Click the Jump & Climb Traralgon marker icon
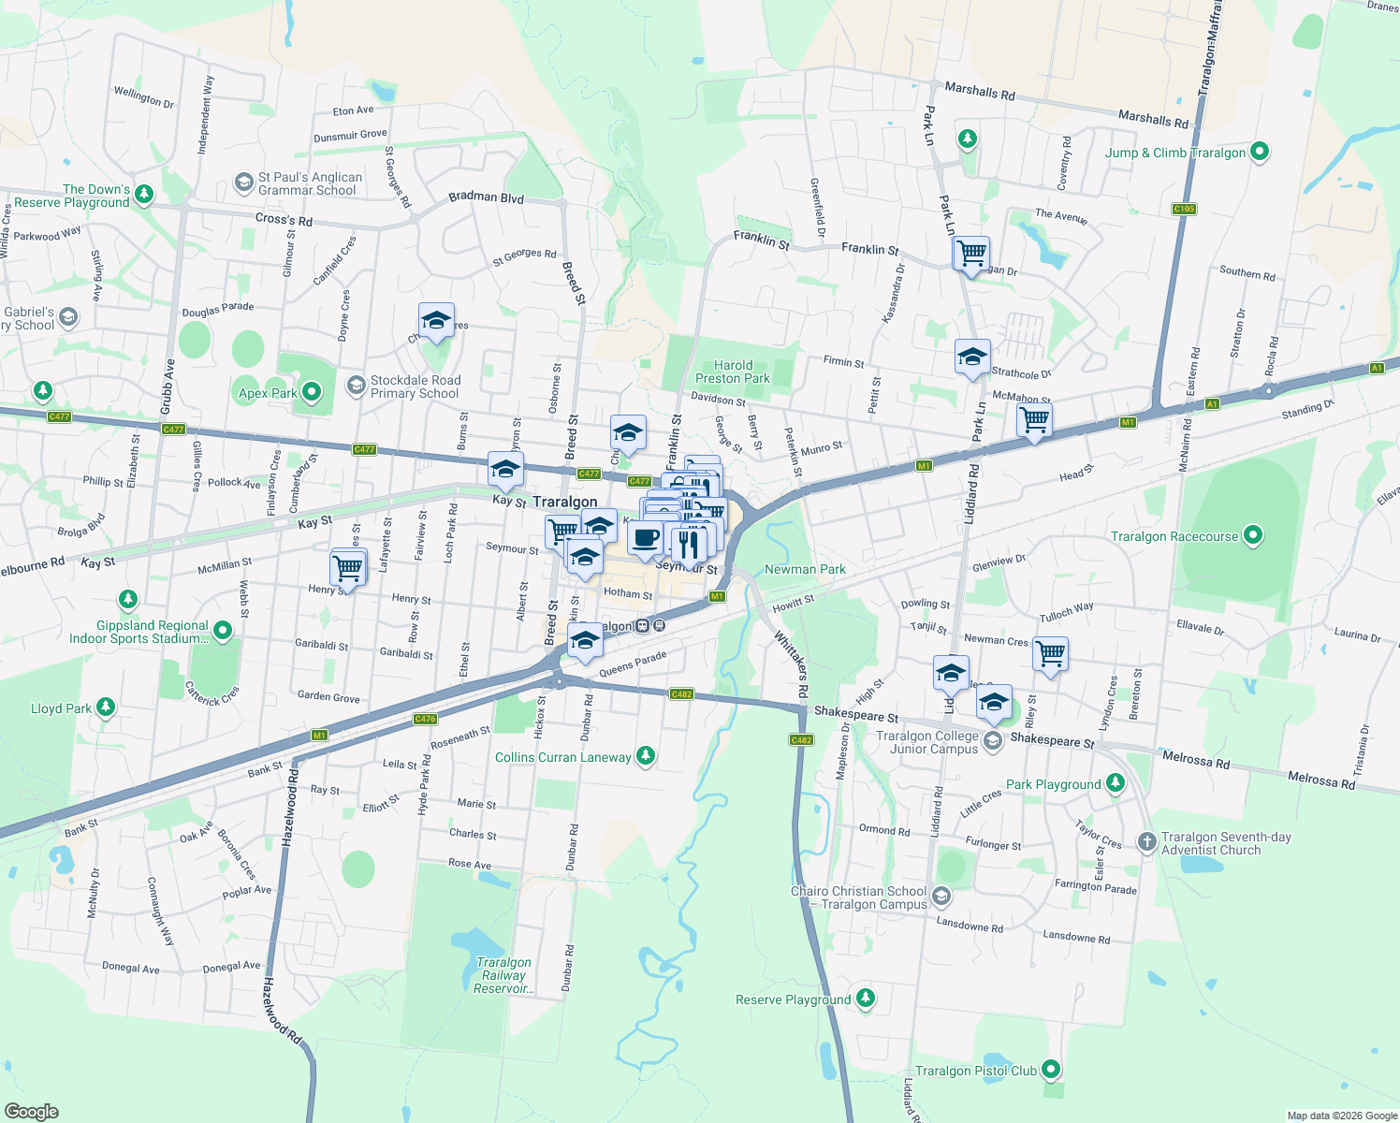click(1260, 152)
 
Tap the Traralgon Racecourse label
click(1174, 536)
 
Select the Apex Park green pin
click(312, 392)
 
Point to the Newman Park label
click(805, 569)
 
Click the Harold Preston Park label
click(733, 372)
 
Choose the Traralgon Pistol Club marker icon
click(1051, 1070)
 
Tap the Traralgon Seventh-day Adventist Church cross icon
click(1147, 842)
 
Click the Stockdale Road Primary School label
click(416, 386)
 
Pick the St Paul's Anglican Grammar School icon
click(244, 182)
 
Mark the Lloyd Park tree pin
click(106, 707)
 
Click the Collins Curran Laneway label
click(562, 757)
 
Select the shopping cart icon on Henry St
click(347, 567)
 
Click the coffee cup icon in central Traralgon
click(645, 539)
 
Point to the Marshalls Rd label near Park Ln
click(980, 91)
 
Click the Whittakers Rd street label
click(791, 664)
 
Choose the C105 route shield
click(1184, 209)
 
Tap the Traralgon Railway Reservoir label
click(503, 975)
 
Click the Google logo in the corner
click(32, 1111)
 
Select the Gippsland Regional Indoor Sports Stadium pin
click(223, 631)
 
